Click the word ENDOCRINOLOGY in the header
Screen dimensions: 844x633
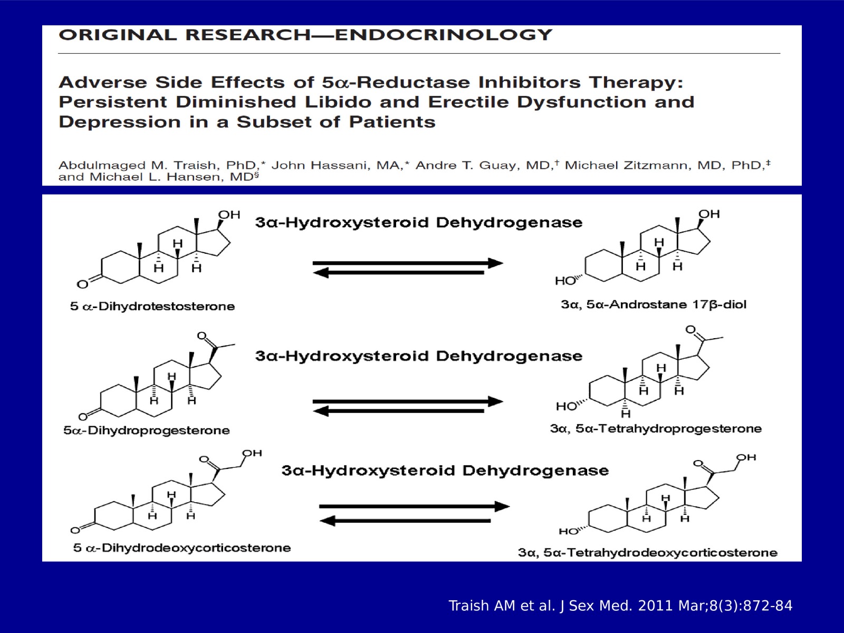click(x=443, y=35)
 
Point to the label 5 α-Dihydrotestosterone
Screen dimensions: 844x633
click(x=152, y=306)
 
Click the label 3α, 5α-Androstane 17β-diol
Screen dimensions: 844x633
click(x=654, y=304)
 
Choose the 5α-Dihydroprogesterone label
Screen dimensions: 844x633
click(x=147, y=430)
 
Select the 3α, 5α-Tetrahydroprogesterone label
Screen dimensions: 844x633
click(x=656, y=428)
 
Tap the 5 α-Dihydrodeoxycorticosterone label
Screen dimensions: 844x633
click(x=182, y=548)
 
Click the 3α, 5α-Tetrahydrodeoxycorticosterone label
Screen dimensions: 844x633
click(x=648, y=552)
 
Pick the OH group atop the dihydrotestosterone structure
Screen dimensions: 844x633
click(x=229, y=215)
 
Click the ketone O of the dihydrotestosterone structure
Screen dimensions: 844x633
click(x=82, y=284)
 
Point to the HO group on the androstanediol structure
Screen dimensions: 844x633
click(x=565, y=281)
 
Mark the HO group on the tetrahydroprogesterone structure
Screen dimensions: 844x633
click(x=567, y=406)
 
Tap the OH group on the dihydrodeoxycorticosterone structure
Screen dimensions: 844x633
click(x=252, y=453)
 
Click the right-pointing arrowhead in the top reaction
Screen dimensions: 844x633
click(x=495, y=263)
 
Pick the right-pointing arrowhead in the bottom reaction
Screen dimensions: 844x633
click(x=502, y=506)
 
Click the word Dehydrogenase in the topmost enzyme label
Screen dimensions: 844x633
click(x=509, y=223)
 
